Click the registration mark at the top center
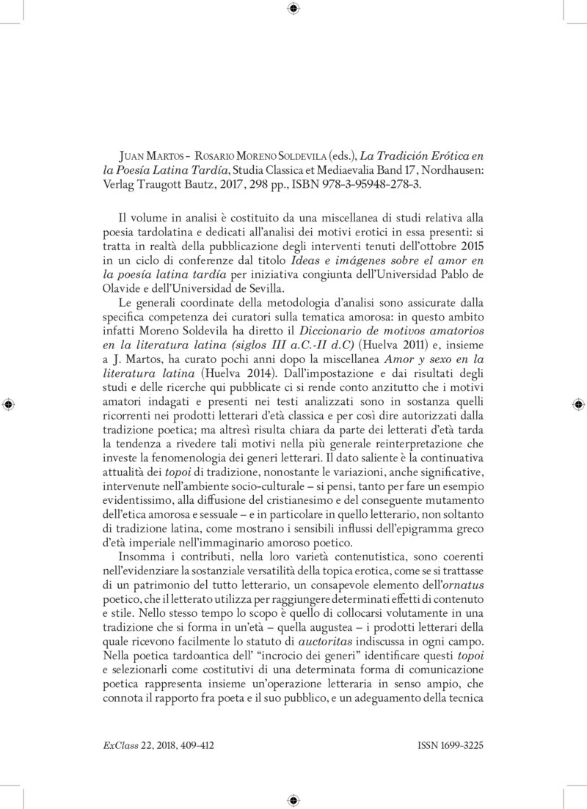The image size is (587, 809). click(293, 9)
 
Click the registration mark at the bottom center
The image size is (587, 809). click(293, 799)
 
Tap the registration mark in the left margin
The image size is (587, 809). click(9, 404)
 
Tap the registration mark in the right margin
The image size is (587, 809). click(577, 404)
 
